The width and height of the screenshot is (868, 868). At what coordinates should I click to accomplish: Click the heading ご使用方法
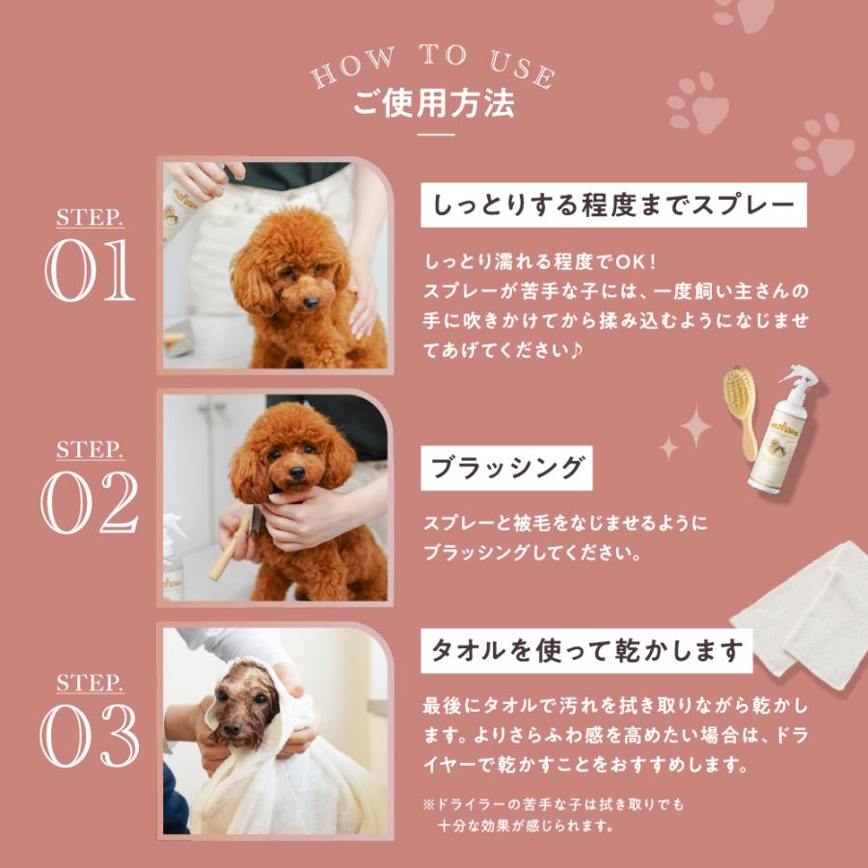click(433, 103)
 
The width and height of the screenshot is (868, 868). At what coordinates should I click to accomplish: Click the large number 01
click(89, 273)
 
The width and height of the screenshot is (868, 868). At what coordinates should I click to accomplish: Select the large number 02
click(89, 503)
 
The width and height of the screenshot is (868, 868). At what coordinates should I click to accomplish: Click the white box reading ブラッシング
click(507, 470)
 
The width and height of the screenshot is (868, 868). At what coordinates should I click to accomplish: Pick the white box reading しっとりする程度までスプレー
click(613, 205)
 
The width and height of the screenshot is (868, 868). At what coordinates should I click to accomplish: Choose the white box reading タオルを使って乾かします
click(586, 650)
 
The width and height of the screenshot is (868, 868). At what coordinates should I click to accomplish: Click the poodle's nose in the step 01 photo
click(312, 302)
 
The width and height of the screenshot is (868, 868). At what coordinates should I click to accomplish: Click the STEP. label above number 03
click(90, 683)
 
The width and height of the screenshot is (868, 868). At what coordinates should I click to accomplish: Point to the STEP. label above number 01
click(90, 218)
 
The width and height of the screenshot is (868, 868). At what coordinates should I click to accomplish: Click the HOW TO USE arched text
click(433, 66)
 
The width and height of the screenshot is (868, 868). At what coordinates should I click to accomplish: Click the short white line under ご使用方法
click(433, 135)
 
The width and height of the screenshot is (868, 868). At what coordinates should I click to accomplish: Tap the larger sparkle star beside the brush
click(693, 426)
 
